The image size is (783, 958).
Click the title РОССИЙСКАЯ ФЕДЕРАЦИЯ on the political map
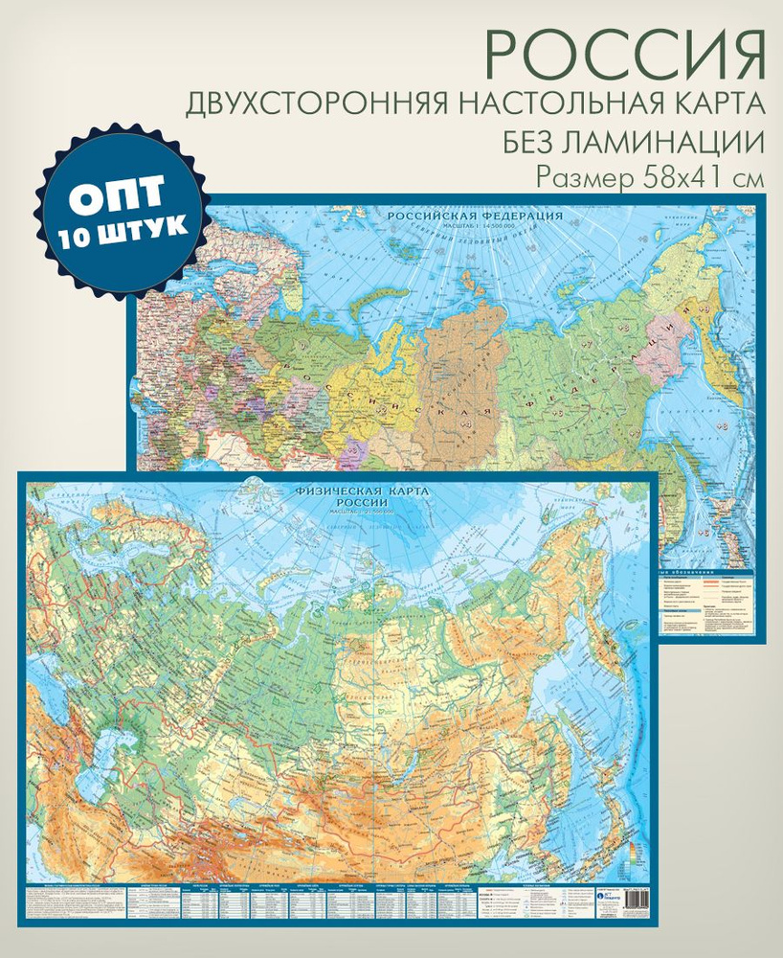click(475, 217)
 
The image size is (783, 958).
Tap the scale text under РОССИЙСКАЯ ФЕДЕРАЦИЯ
click(474, 226)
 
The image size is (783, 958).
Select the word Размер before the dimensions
click(582, 178)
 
